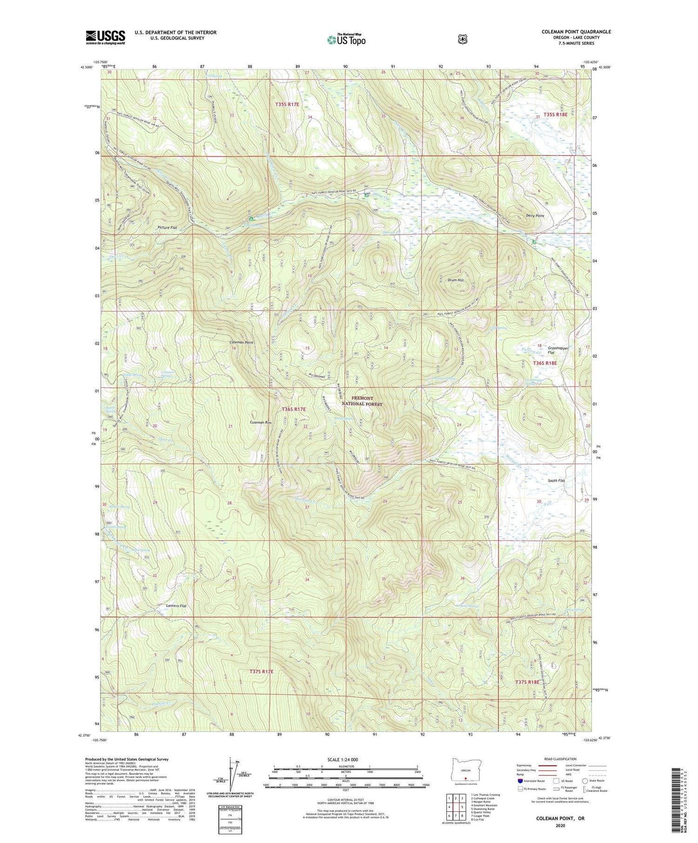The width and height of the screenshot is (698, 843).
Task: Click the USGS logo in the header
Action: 105,37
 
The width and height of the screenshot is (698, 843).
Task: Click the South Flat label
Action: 556,480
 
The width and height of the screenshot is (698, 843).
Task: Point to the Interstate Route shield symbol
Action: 520,781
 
